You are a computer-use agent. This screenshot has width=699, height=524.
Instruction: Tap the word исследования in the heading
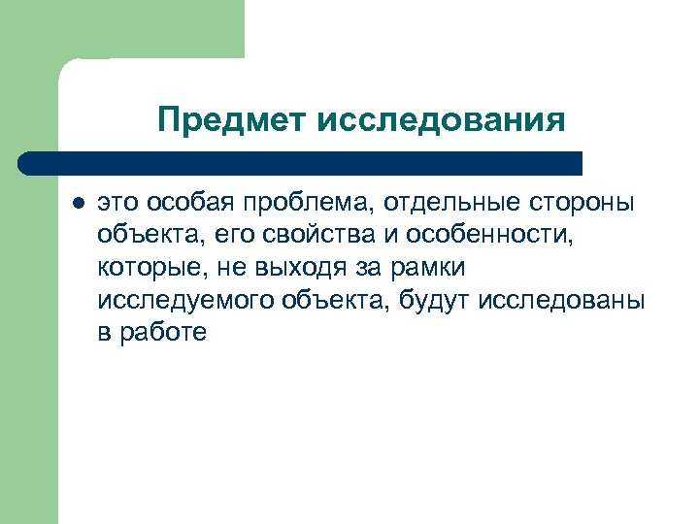[x=440, y=120]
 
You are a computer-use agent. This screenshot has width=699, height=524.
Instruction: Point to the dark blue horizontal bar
[x=301, y=162]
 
